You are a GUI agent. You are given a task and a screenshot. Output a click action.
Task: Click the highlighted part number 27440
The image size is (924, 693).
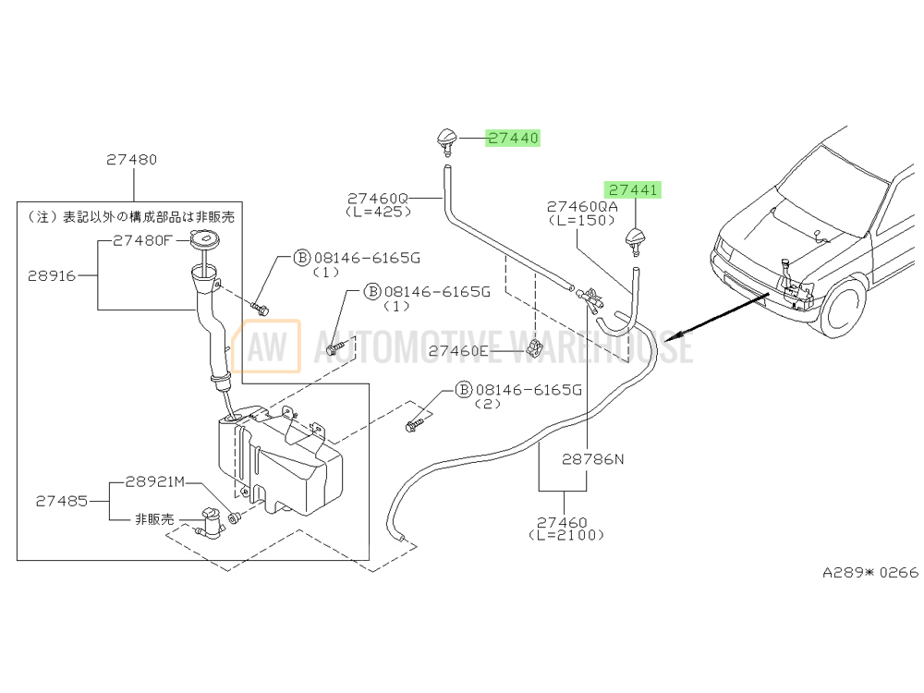pyautogui.click(x=513, y=138)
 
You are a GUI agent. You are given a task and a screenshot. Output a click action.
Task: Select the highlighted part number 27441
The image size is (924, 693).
pyautogui.click(x=633, y=189)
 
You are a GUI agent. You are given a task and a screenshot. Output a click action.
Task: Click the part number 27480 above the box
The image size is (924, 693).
pyautogui.click(x=132, y=160)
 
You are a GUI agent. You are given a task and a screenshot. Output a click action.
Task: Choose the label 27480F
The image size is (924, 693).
pyautogui.click(x=142, y=240)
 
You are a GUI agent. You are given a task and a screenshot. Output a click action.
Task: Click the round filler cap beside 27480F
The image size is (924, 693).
pyautogui.click(x=204, y=240)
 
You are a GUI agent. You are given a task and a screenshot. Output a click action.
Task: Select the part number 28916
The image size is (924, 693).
pyautogui.click(x=52, y=275)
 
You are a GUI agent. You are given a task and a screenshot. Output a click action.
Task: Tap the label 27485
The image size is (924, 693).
pyautogui.click(x=62, y=501)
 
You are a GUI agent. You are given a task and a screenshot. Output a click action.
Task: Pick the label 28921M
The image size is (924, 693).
pyautogui.click(x=155, y=482)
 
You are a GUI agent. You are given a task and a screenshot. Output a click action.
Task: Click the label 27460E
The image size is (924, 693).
pyautogui.click(x=458, y=351)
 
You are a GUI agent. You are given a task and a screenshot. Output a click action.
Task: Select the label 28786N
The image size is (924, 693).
pyautogui.click(x=593, y=459)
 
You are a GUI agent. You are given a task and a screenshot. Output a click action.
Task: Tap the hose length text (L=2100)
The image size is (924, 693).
pyautogui.click(x=566, y=535)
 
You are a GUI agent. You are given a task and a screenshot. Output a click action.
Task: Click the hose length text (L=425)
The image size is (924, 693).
pyautogui.click(x=378, y=212)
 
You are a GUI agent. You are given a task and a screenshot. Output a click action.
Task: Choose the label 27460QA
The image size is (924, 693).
pyautogui.click(x=582, y=207)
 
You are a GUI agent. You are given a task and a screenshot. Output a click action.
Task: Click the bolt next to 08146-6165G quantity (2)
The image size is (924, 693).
pyautogui.click(x=413, y=424)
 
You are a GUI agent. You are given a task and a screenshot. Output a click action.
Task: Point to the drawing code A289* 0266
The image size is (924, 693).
pyautogui.click(x=870, y=572)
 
